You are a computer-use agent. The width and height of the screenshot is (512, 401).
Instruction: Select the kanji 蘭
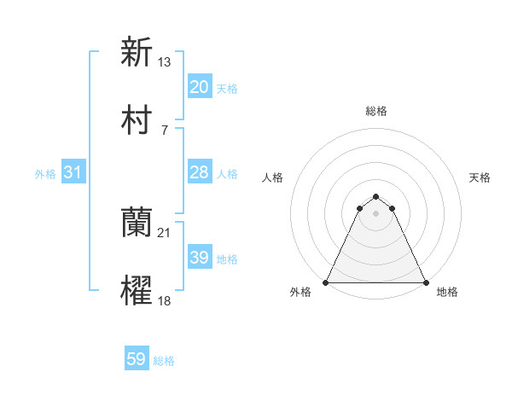137,224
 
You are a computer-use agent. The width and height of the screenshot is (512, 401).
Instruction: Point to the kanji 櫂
137,292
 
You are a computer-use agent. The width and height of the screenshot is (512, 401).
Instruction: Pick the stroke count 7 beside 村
164,130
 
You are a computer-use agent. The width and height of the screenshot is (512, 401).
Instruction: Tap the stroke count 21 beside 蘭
166,232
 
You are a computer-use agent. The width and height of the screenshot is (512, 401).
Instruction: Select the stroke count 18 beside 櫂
166,300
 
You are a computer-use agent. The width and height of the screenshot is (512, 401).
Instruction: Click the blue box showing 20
200,86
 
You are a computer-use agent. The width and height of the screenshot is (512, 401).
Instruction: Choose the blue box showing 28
200,172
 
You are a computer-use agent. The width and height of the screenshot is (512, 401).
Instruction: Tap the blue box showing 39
200,258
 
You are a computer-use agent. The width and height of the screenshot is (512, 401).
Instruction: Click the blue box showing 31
73,172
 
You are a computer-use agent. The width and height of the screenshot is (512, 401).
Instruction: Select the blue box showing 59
137,359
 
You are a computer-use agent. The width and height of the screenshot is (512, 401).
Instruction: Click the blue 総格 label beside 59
164,361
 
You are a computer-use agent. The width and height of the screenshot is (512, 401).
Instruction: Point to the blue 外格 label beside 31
45,174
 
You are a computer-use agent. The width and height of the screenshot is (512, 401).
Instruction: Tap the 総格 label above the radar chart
375,111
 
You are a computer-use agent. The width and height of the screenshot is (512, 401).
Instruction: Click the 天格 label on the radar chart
480,177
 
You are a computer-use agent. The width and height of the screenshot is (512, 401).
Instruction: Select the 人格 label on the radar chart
272,177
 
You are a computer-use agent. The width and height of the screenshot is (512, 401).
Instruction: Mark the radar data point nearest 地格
425,282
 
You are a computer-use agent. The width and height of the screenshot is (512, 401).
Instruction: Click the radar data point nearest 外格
326,282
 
